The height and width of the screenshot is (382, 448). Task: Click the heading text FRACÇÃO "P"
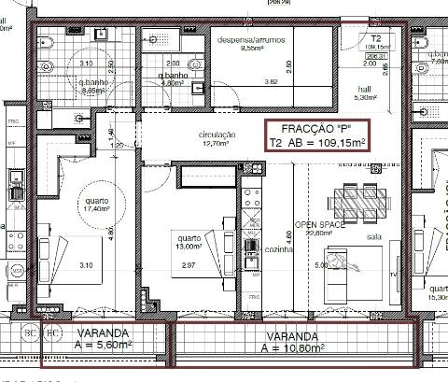click(x=316, y=129)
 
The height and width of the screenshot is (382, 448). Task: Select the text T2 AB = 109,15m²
click(x=316, y=143)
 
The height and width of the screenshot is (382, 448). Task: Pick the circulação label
click(x=217, y=135)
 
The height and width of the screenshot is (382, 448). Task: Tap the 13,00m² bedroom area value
click(x=189, y=247)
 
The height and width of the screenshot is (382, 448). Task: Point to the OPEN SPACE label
click(x=321, y=225)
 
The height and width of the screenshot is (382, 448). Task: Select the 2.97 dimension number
click(x=188, y=266)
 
